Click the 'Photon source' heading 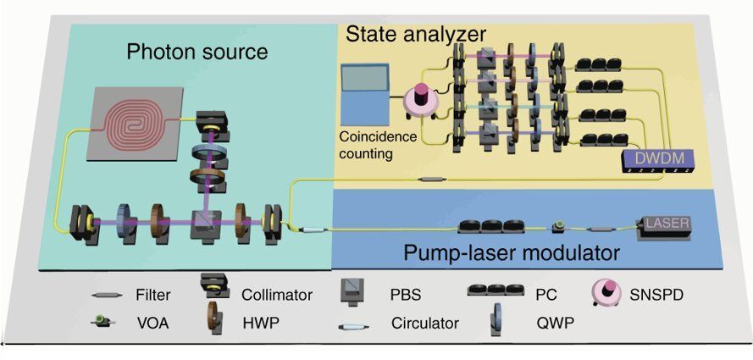pyautogui.click(x=197, y=52)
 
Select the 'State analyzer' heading pyautogui.click(x=415, y=35)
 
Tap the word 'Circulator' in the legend pyautogui.click(x=424, y=323)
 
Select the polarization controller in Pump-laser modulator pyautogui.click(x=482, y=226)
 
